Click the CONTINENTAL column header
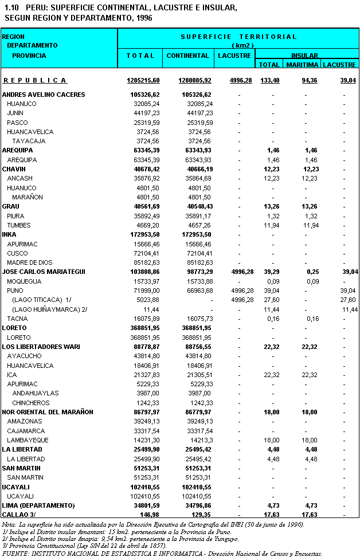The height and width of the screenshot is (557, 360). coord(187,56)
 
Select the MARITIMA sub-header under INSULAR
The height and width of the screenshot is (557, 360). coord(302,65)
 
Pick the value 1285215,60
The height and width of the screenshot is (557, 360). coord(143,80)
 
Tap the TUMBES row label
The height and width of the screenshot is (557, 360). coord(19,225)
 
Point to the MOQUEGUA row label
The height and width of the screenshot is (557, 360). coord(24,281)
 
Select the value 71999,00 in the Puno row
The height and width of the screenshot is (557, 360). coord(146,291)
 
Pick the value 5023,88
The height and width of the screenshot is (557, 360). coord(147,300)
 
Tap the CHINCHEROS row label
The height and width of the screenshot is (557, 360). coord(31,403)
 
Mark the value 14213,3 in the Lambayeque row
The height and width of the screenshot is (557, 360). coord(201,440)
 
